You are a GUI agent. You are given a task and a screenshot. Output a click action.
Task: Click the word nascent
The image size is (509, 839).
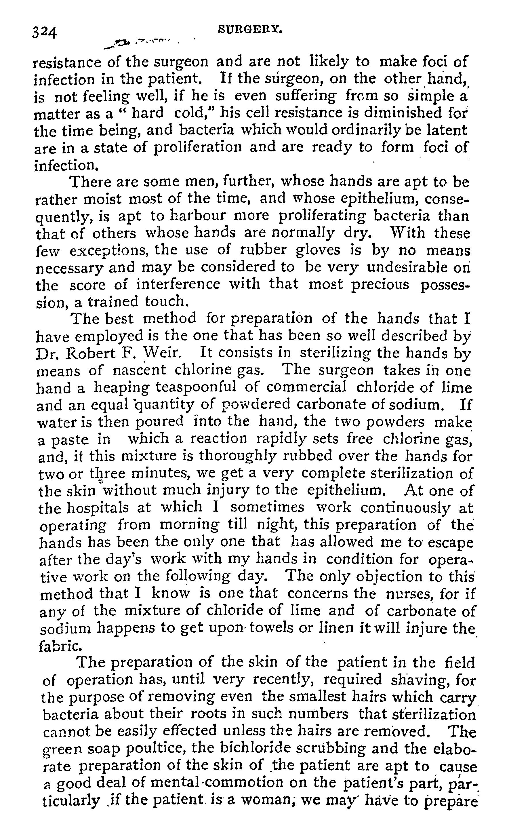click(x=139, y=370)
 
